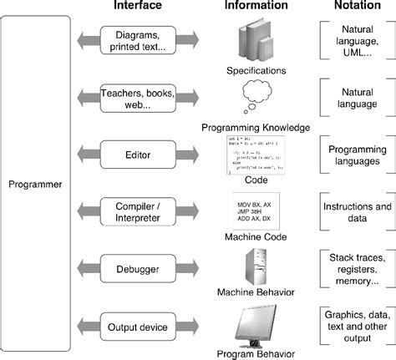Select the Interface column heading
[x=139, y=7]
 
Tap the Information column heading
[x=256, y=7]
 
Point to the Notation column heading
[x=352, y=7]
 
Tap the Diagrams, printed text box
[x=139, y=39]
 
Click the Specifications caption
[x=256, y=72]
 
